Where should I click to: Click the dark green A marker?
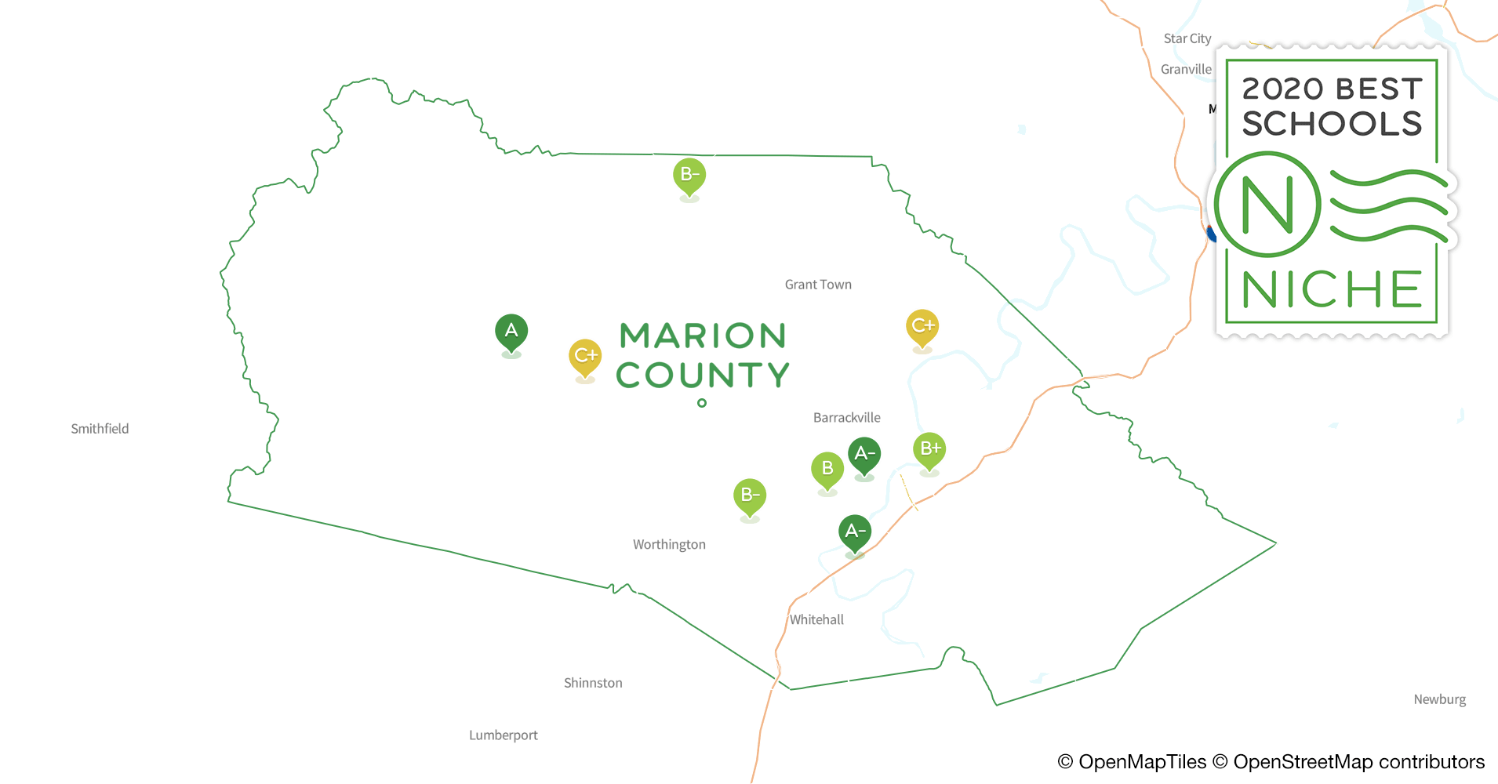511,331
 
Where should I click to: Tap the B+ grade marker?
929,449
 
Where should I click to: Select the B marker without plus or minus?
827,469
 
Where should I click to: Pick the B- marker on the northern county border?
689,175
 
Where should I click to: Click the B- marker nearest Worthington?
750,495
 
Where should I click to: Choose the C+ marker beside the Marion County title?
585,356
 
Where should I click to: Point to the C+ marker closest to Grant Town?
922,326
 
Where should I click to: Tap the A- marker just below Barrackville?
864,454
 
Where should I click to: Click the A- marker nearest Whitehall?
855,532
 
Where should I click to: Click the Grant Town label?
818,285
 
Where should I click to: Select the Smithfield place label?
100,429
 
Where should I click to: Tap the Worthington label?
669,545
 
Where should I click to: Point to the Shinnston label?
593,683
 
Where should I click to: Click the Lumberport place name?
504,735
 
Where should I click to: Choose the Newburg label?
1439,699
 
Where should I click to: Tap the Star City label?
1187,38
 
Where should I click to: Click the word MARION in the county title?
703,336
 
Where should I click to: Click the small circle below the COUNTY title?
702,403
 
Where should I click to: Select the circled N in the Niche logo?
1267,205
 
